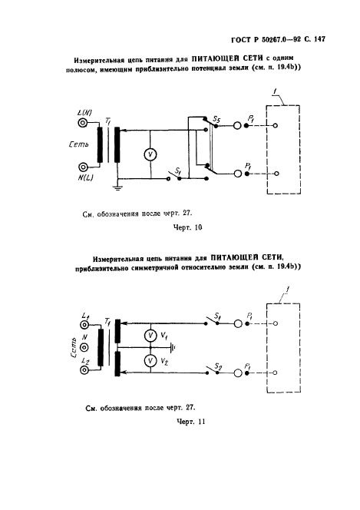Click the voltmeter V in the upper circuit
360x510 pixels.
coord(150,154)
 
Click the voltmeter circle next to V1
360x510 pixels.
coord(150,336)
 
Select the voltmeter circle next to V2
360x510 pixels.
coord(150,361)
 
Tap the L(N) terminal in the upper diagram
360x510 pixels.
coord(83,123)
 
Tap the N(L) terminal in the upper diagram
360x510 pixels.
coord(83,167)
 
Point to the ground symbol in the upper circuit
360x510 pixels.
coord(117,187)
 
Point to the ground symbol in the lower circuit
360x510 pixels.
coord(173,348)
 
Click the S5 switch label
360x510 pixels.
coord(216,121)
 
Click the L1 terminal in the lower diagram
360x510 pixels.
coord(84,325)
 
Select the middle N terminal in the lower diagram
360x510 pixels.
coord(84,348)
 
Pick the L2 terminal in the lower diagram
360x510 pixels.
coord(84,370)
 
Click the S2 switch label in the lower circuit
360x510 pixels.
coord(218,368)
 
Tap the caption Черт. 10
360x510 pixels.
coord(187,227)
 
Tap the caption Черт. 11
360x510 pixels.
coord(190,422)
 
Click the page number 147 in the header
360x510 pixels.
coord(320,39)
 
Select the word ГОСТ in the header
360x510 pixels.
coord(240,40)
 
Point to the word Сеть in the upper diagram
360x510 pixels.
coord(78,144)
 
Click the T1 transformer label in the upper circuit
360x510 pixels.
coord(107,121)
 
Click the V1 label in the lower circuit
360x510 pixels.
coord(164,336)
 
